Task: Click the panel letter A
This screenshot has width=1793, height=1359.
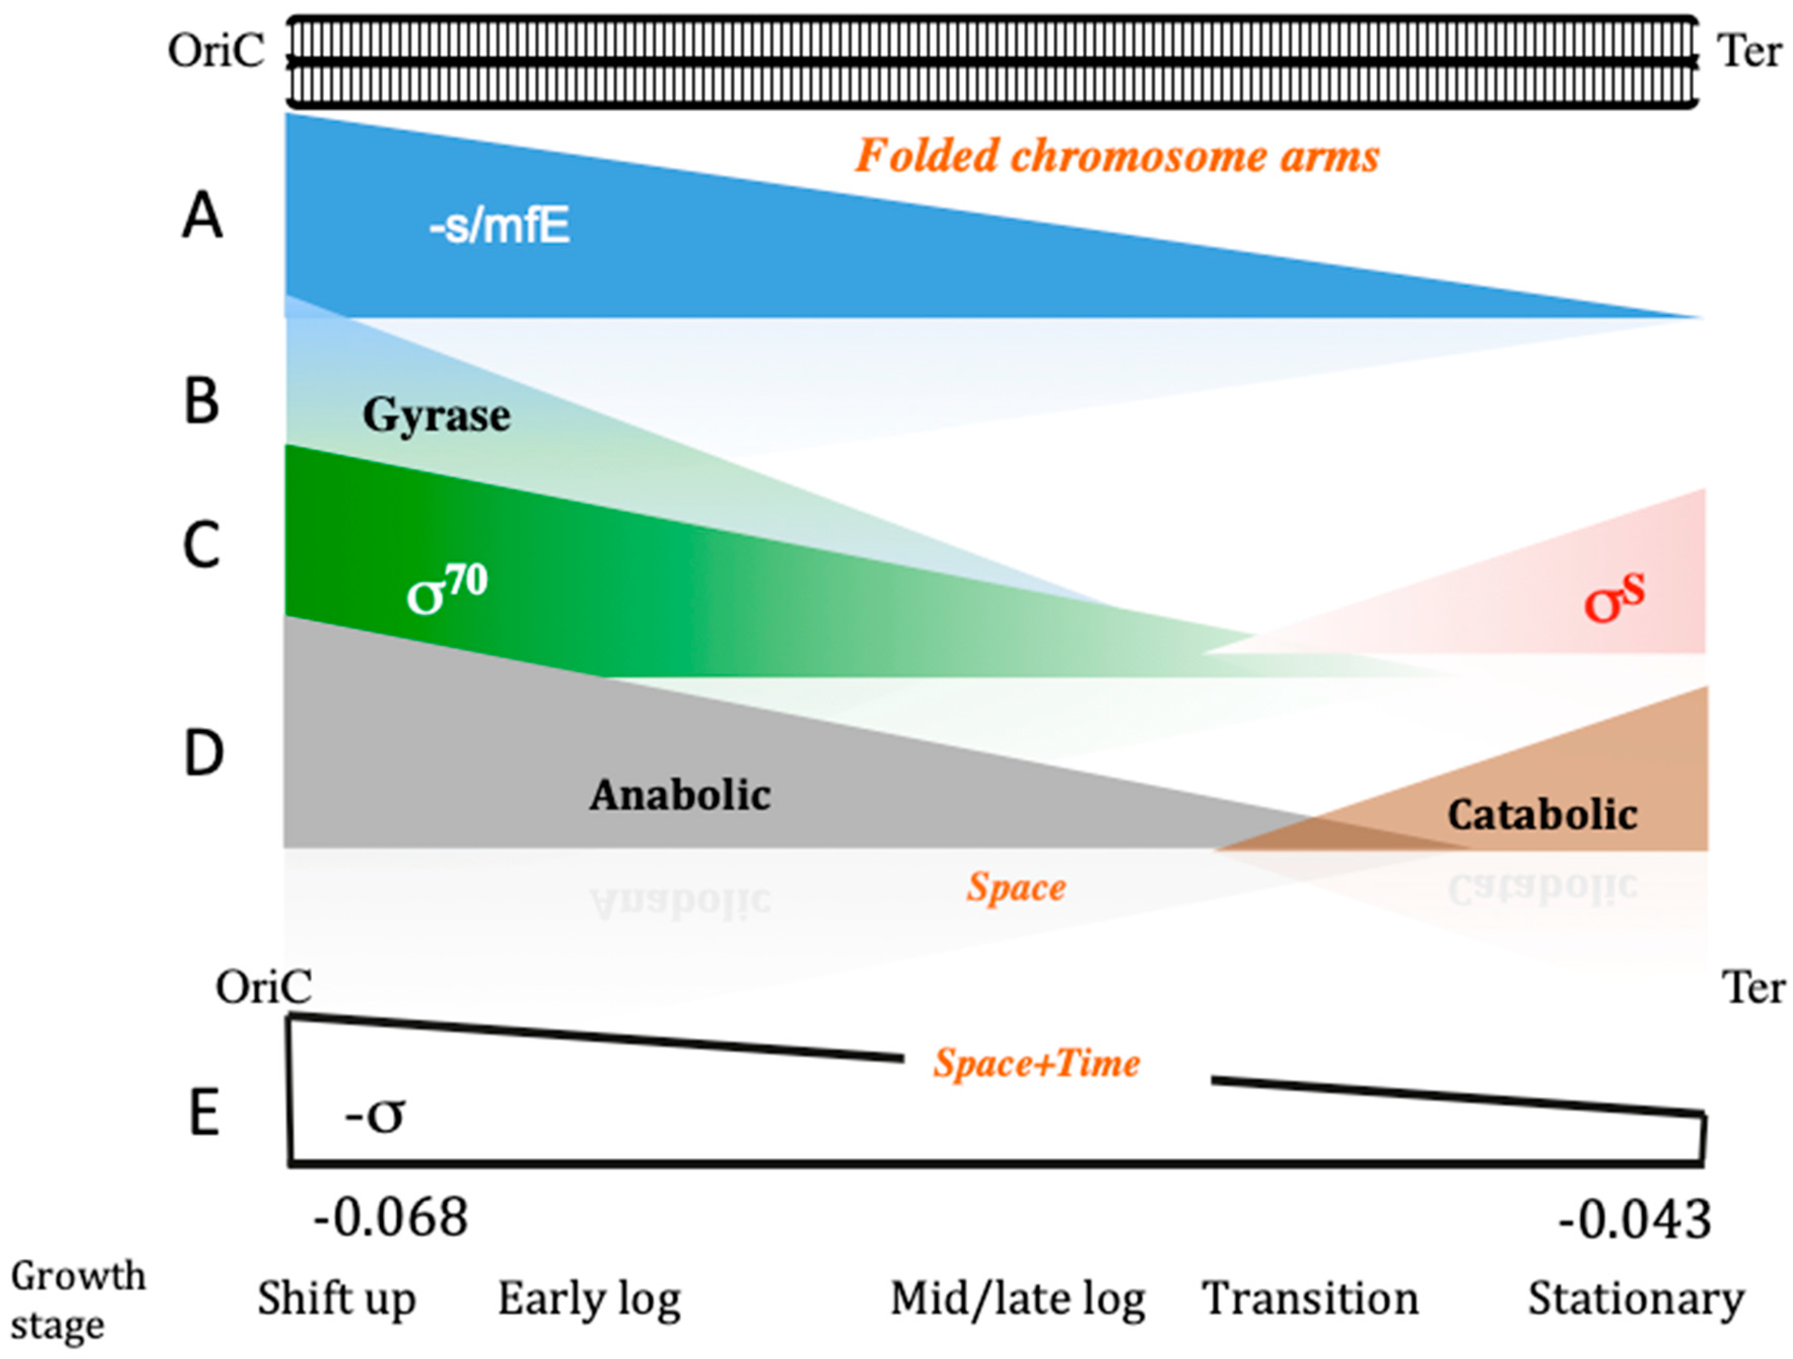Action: tap(202, 217)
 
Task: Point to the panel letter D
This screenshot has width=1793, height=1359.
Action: tap(203, 753)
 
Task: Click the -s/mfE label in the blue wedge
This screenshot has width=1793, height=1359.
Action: tap(499, 226)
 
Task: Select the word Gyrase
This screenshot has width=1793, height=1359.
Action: tap(436, 416)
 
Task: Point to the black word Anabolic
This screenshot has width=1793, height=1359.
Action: tap(680, 795)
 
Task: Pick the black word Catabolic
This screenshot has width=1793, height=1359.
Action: tap(1542, 814)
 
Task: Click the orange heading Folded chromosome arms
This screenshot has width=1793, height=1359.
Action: tap(1117, 156)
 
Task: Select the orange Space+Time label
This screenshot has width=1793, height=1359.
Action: tap(1037, 1062)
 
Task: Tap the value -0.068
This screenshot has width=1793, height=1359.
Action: tap(391, 1218)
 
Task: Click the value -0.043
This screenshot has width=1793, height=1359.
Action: tap(1634, 1221)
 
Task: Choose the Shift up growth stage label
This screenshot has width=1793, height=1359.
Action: tap(336, 1299)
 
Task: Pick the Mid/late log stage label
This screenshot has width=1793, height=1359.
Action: tap(1018, 1300)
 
